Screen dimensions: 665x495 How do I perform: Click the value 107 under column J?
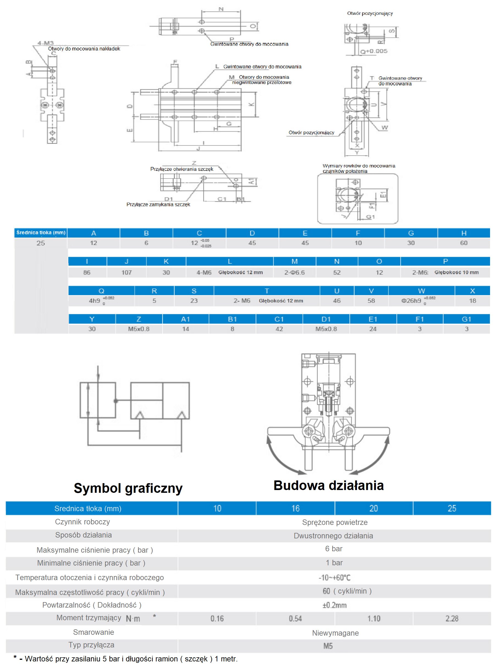click(127, 272)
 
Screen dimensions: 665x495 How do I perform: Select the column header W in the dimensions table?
click(421, 291)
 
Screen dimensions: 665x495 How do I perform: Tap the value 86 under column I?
click(87, 272)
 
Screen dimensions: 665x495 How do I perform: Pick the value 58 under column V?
click(371, 300)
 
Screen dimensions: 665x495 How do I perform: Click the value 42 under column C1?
click(279, 329)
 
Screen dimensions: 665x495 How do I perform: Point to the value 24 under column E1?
click(373, 329)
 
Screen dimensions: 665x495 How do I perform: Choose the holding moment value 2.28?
click(452, 618)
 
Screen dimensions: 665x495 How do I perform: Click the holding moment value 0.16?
click(217, 618)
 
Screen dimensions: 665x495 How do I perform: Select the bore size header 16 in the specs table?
click(295, 508)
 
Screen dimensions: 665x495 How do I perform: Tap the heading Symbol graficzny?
click(128, 488)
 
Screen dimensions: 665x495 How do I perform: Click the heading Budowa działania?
click(328, 485)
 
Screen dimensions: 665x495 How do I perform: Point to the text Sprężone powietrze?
click(335, 522)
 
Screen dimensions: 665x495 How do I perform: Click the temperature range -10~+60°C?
click(334, 577)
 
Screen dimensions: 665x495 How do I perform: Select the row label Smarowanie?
click(94, 632)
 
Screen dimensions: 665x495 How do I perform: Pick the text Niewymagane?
click(335, 633)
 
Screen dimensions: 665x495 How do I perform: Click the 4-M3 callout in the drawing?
click(45, 43)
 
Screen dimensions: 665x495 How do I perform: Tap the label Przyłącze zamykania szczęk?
click(158, 204)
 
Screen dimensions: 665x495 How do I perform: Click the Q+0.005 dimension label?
click(374, 51)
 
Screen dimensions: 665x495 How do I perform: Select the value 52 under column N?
click(337, 272)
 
